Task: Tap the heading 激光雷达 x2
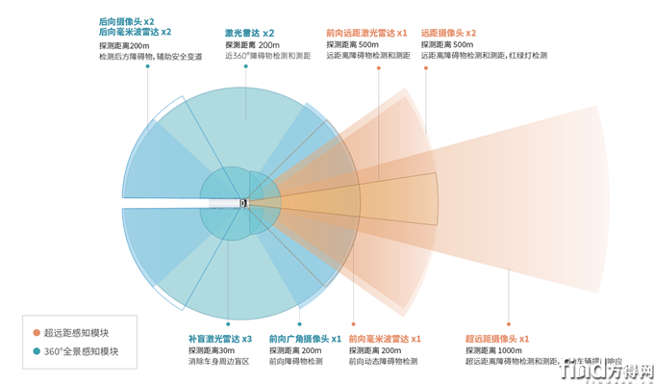pos(249,32)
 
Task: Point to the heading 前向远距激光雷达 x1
pos(362,32)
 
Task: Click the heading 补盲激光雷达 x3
pos(220,339)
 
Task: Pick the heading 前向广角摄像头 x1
pos(305,339)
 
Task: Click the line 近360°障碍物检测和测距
pos(269,57)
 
